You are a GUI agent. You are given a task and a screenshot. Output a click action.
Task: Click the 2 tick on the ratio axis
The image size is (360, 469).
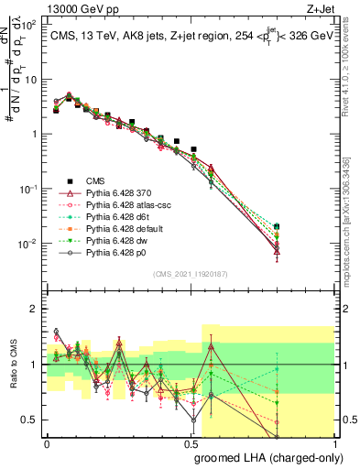pos(35,309)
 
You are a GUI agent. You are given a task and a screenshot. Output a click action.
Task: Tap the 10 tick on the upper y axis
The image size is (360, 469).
pos(31,79)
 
